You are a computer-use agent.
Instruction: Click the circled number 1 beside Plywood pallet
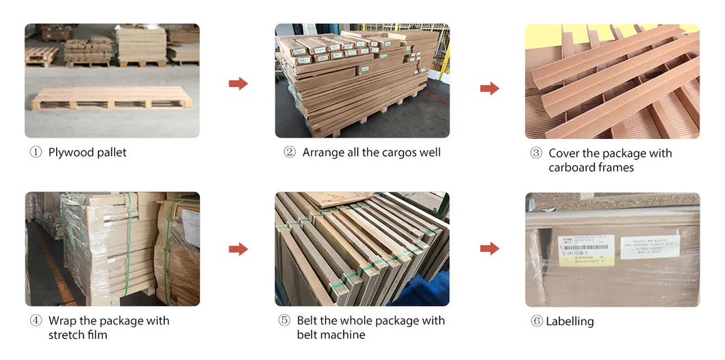[x=36, y=152]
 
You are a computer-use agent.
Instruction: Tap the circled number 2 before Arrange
[x=290, y=152]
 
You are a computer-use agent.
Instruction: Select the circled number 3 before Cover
[x=536, y=153]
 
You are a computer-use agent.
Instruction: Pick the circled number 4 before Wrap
[x=36, y=320]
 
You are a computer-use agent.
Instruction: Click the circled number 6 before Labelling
[x=537, y=321]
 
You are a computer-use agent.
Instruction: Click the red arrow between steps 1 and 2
[x=238, y=83]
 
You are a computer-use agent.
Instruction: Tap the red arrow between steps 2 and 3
[x=489, y=88]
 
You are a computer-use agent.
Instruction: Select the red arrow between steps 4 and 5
[x=238, y=249]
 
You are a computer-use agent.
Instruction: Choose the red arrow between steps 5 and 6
[x=489, y=248]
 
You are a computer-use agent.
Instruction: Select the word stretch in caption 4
[x=66, y=335]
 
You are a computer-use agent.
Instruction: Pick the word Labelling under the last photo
[x=570, y=321]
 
